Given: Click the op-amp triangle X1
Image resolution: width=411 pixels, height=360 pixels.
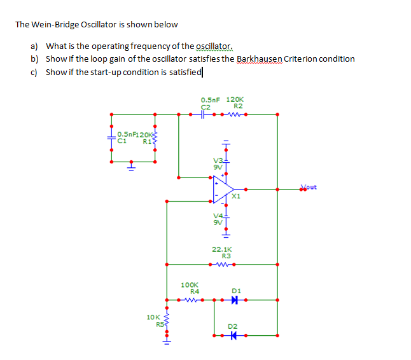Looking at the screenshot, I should click(x=223, y=189).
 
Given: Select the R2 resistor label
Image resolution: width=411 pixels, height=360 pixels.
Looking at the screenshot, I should click(x=238, y=106).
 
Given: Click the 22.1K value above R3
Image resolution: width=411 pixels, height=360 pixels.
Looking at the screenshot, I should click(x=222, y=249).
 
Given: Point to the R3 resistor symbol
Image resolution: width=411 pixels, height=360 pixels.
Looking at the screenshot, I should click(x=222, y=264).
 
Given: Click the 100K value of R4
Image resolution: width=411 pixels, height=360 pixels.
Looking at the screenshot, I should click(x=190, y=285).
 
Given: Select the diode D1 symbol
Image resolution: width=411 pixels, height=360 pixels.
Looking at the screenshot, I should click(x=234, y=300).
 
